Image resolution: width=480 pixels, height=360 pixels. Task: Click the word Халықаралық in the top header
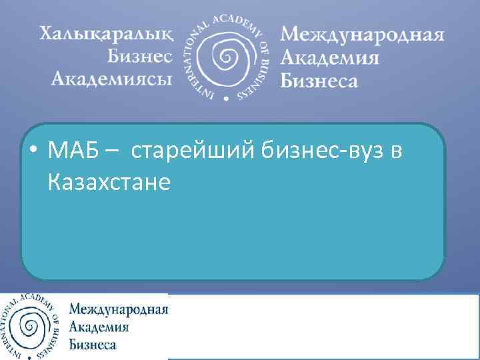104,33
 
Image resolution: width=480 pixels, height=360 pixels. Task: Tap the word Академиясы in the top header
111,80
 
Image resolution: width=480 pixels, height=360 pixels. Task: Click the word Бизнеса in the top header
319,80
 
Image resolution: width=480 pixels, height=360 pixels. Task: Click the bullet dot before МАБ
33,153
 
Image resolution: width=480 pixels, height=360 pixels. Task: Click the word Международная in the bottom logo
119,309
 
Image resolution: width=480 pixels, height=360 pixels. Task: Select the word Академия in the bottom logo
99,327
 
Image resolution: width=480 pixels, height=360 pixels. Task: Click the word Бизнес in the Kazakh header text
139,57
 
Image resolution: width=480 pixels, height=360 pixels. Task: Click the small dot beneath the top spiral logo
225,98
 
